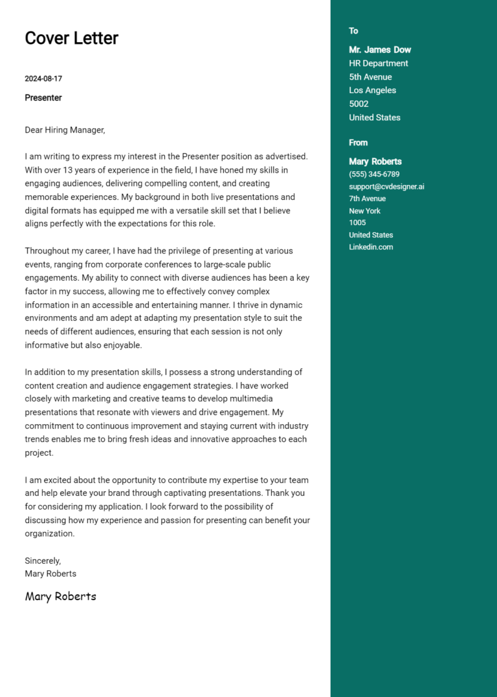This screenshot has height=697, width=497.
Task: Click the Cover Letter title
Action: [71, 38]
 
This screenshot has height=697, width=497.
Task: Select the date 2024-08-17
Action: [43, 79]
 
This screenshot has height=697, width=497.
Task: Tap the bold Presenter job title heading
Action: [43, 98]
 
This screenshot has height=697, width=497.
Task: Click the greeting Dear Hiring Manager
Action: [65, 130]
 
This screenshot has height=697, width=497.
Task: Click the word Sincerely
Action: [43, 561]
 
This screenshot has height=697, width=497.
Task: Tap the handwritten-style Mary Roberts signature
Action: [60, 596]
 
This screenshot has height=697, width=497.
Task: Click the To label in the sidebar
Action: [353, 31]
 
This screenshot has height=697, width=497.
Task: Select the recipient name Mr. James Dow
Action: [380, 50]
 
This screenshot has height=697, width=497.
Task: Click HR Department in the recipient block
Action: [379, 63]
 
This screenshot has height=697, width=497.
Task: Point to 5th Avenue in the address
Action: [370, 77]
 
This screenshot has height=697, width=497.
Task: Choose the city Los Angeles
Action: [372, 91]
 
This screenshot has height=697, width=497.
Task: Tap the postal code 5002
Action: [359, 104]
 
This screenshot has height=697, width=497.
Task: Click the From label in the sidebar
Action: [358, 143]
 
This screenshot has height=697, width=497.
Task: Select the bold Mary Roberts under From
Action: [375, 162]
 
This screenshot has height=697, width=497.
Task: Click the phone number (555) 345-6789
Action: [374, 175]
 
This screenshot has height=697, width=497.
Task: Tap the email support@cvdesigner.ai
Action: [386, 187]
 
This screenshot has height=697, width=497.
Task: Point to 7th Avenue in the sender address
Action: [367, 198]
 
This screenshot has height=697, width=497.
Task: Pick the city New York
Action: [364, 211]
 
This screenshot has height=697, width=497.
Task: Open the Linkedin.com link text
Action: [371, 247]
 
